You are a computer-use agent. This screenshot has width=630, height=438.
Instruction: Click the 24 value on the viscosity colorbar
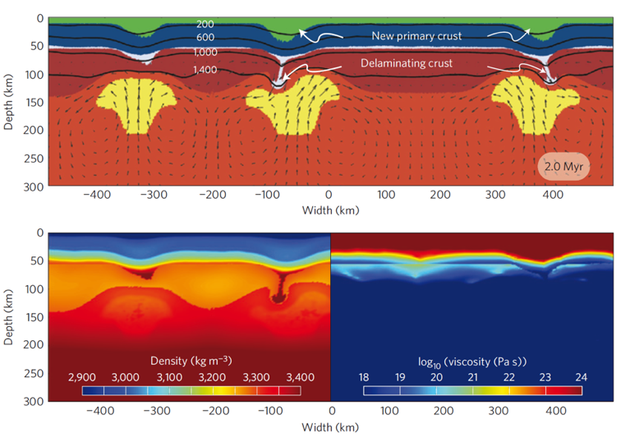[581, 377]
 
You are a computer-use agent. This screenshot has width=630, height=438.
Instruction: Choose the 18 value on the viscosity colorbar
[364, 377]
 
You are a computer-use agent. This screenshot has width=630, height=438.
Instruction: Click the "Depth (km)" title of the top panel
[9, 102]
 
